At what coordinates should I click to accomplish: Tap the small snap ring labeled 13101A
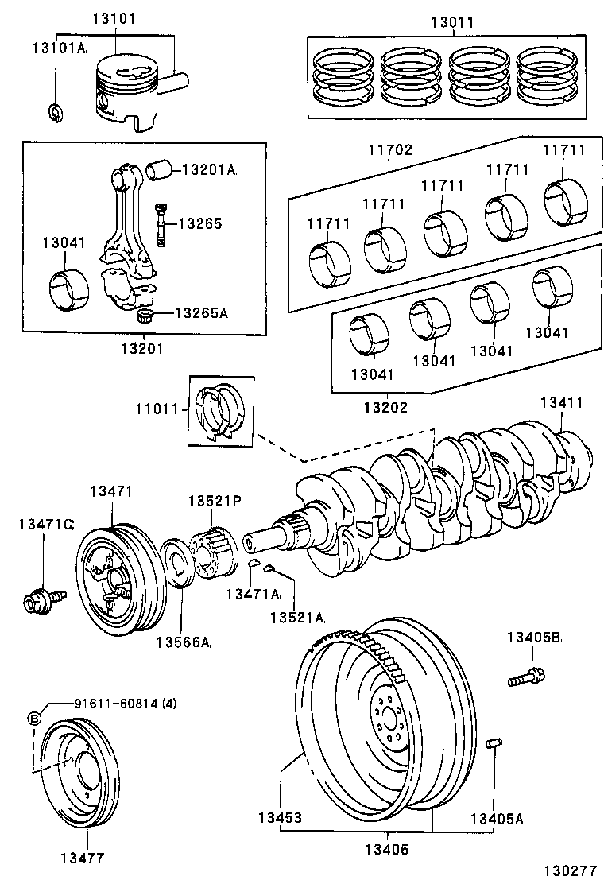click(54, 113)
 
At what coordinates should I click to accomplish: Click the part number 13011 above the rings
click(452, 23)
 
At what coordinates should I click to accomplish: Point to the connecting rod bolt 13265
click(161, 226)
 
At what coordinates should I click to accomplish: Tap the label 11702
click(389, 149)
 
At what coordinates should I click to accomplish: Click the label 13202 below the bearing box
click(385, 407)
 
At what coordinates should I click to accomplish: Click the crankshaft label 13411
click(562, 402)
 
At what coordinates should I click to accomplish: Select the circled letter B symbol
click(34, 718)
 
